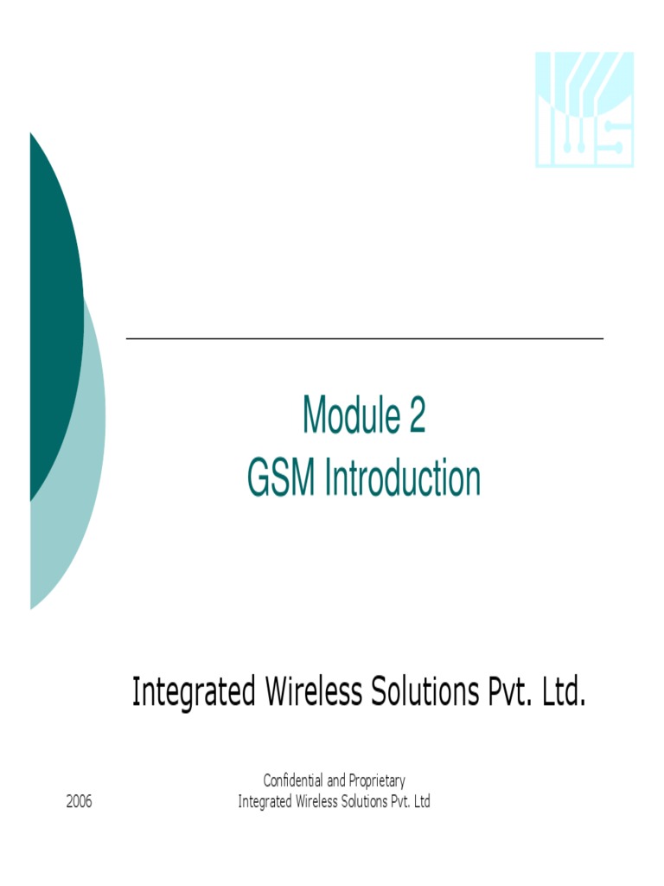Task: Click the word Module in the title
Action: (343, 416)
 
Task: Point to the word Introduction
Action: (402, 478)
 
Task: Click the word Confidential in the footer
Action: (292, 781)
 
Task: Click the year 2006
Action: (79, 801)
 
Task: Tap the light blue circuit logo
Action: (584, 109)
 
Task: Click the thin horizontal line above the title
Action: (364, 338)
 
